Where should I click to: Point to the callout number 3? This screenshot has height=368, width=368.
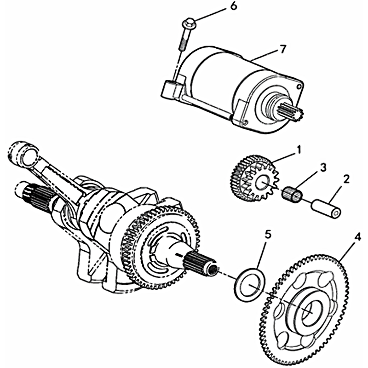point(323,168)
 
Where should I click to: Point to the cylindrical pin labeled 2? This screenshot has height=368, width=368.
point(327,207)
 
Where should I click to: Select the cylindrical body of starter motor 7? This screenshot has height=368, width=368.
point(221,78)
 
